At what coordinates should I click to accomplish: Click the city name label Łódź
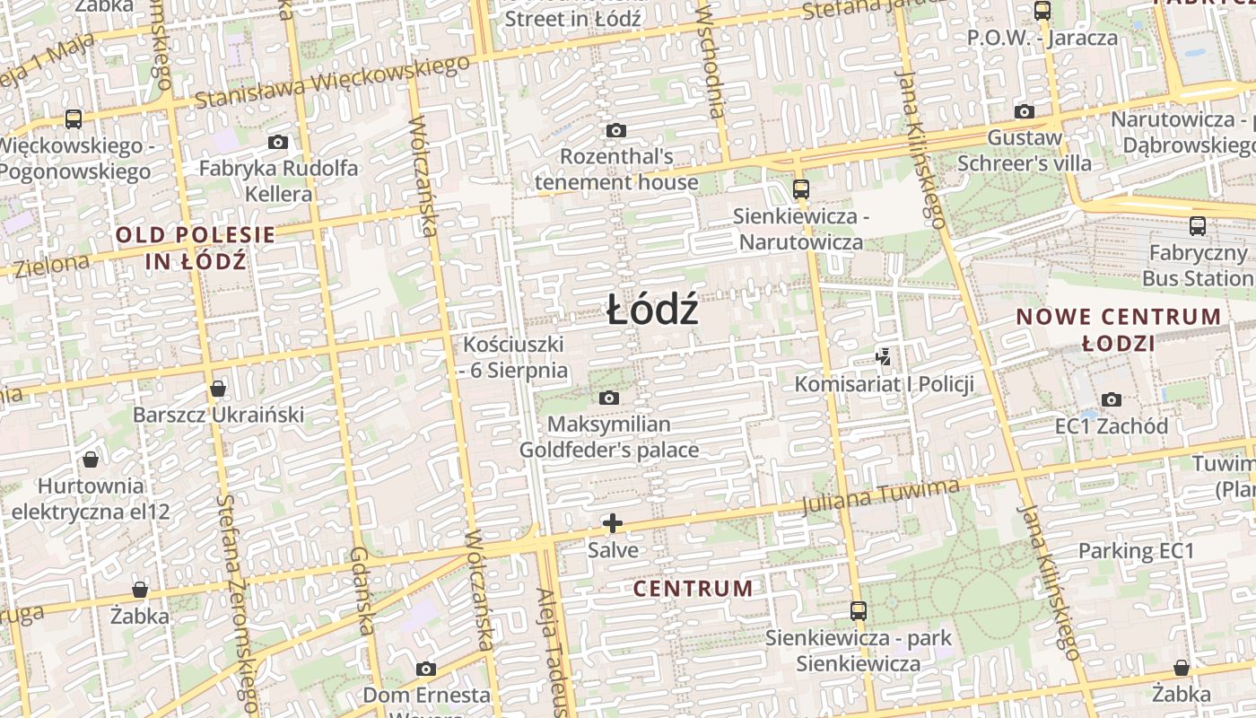point(652,311)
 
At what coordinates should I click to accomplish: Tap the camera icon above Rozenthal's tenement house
point(615,130)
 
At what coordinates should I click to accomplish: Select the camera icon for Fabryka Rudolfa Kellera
point(278,142)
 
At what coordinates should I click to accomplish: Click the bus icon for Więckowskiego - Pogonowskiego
point(74,118)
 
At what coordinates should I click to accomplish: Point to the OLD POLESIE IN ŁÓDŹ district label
point(196,249)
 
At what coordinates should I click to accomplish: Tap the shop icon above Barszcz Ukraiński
point(218,389)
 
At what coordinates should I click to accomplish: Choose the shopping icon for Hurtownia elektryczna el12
point(91,460)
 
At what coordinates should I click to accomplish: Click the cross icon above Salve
point(613,523)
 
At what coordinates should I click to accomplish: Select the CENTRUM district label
point(693,589)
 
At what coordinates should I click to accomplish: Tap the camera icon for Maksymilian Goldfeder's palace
point(609,398)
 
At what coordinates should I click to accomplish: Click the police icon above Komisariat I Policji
point(884,357)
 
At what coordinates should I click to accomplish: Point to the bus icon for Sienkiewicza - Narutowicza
point(800,189)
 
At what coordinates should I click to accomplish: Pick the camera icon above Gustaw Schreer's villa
point(1025,111)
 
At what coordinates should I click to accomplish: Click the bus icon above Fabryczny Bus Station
point(1198,226)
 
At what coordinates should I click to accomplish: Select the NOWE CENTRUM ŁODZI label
point(1119,329)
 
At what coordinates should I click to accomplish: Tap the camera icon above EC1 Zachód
point(1112,399)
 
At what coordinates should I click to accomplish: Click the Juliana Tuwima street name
point(882,496)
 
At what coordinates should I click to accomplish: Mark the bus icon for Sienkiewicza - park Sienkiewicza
point(859,611)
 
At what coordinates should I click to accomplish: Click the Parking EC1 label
point(1137,550)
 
